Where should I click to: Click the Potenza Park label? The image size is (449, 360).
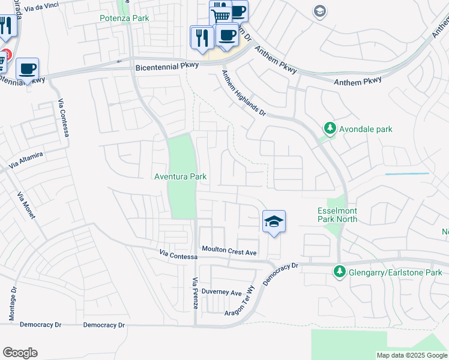coord(124,19)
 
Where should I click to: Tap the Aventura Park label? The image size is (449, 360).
coord(181,176)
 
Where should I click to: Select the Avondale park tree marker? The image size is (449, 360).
coord(330,128)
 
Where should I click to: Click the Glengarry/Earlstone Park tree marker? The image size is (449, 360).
coord(339,272)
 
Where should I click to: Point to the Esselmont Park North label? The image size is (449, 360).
coord(337,215)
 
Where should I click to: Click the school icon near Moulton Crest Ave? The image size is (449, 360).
coord(274,222)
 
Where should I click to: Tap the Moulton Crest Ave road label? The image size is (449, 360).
coord(229,251)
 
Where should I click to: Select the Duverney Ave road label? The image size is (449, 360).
coord(221,293)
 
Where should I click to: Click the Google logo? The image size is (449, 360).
coord(20,353)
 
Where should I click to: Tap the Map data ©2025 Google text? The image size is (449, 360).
coord(412,355)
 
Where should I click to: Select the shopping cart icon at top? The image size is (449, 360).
coord(221,16)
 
